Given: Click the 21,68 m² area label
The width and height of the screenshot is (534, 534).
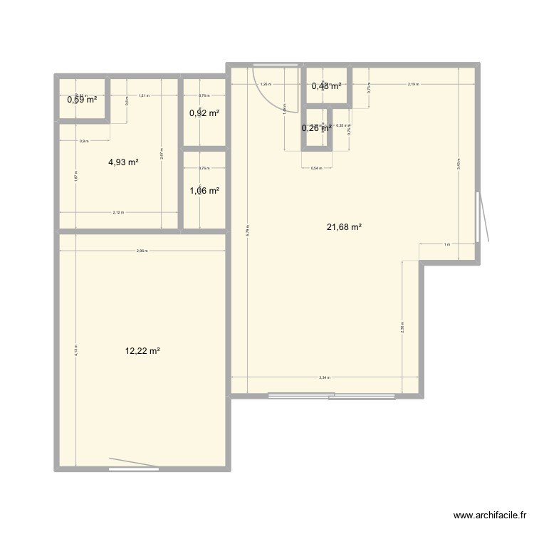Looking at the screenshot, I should click(344, 227).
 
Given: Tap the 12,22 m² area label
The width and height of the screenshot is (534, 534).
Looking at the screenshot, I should click(142, 351).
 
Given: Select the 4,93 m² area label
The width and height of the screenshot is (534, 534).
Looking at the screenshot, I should click(123, 162).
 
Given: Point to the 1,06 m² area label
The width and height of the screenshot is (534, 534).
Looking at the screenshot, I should click(204, 190).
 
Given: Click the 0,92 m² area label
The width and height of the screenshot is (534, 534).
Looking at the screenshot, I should click(204, 112).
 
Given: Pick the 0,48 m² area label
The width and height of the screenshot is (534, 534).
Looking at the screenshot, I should click(326, 86).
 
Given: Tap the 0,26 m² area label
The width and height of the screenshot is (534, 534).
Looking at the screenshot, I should click(316, 128).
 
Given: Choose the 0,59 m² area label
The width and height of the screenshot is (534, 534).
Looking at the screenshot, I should click(81, 100).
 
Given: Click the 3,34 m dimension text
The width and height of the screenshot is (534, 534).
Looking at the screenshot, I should click(325, 378).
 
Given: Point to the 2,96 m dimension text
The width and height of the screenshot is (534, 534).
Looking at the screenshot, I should click(142, 251).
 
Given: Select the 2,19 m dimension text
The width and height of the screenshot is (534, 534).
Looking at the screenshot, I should click(413, 84).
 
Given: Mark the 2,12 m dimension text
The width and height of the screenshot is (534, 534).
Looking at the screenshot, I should click(118, 212).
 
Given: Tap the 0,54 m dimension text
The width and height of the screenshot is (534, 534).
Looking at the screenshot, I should click(316, 169).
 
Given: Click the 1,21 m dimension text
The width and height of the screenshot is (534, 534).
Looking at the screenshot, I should click(143, 95).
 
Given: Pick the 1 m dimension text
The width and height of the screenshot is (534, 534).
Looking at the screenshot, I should click(446, 245).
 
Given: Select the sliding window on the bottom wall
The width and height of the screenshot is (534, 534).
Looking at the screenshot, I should click(331, 396).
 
